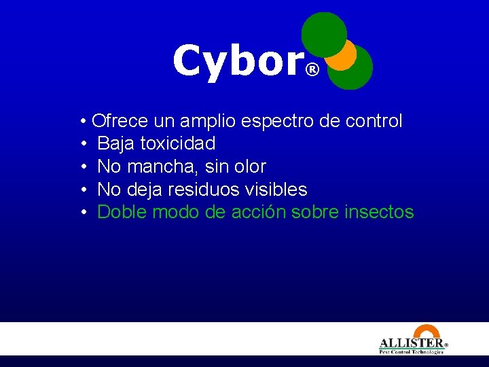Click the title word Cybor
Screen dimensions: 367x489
237,60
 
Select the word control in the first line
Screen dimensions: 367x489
374,122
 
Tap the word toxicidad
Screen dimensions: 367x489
177,144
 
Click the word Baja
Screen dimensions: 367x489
116,144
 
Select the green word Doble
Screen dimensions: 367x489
122,212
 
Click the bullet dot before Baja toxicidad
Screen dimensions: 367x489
82,144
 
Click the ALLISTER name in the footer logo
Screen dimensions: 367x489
411,343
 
